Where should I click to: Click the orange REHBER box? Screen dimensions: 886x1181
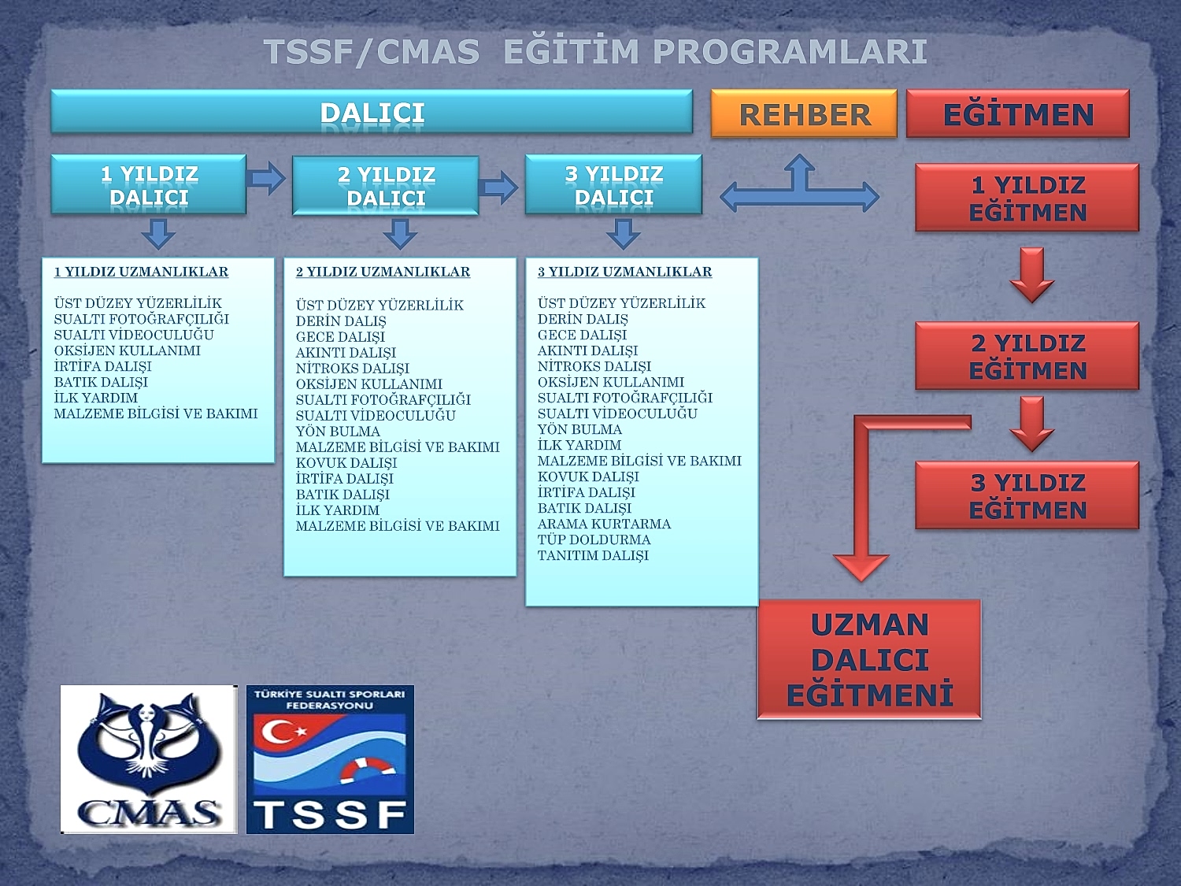tap(804, 114)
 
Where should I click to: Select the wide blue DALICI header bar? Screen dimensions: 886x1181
tap(372, 112)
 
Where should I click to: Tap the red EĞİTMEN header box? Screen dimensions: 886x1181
tap(1017, 114)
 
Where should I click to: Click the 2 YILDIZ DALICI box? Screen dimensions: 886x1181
tap(386, 186)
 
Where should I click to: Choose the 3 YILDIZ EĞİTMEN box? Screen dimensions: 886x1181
tap(1027, 495)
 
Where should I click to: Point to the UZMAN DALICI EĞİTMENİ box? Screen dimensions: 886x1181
tap(869, 659)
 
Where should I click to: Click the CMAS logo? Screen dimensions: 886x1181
tap(149, 759)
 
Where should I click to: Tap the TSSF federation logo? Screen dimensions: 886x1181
tap(330, 759)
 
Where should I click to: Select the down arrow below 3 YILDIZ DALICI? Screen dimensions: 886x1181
tap(623, 233)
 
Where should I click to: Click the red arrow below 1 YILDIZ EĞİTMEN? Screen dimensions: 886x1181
tap(1031, 275)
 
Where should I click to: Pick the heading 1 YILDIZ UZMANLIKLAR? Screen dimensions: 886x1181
tap(141, 272)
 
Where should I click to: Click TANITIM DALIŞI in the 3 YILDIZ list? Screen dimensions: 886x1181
tap(593, 555)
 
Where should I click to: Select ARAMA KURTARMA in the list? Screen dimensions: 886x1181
tap(604, 524)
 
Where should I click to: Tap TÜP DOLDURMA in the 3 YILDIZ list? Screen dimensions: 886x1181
tap(594, 539)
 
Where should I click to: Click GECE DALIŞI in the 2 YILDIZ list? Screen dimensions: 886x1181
tap(340, 336)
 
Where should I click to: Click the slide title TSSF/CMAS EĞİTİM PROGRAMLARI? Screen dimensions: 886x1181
tap(595, 52)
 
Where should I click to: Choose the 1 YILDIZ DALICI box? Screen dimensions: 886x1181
tap(149, 185)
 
